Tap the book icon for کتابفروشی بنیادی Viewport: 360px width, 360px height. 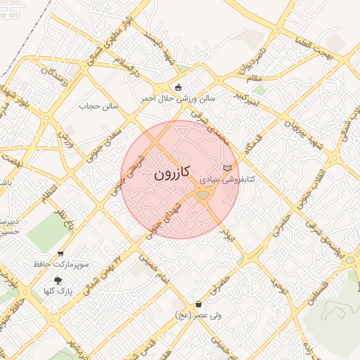coord(226,168)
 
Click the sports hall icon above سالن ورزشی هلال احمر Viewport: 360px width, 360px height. coord(179,88)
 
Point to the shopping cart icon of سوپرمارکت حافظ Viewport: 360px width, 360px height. coord(60,254)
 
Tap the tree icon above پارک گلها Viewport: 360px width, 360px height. coord(58,280)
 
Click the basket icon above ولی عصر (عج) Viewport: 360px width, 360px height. coord(200,304)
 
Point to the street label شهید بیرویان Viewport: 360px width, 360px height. coord(290,125)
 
